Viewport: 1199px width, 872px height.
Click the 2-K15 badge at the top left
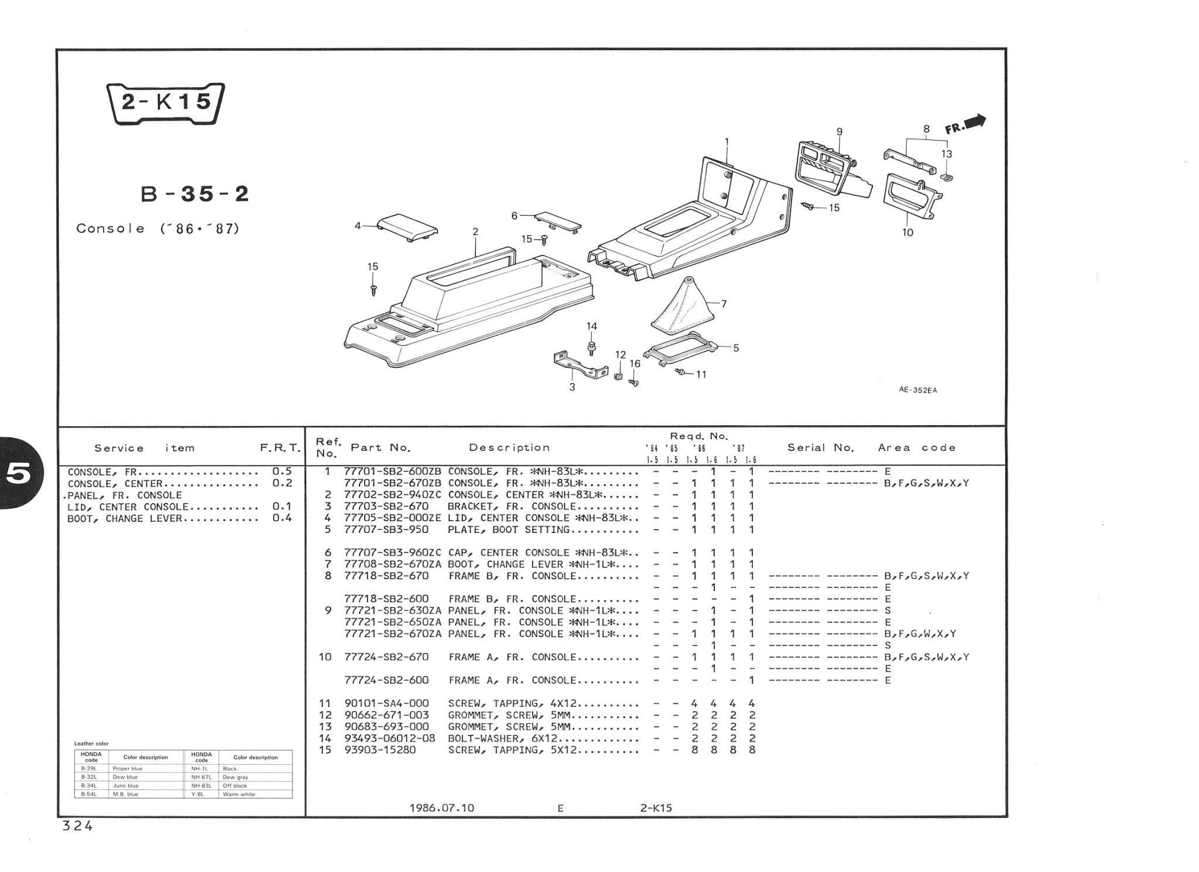click(165, 103)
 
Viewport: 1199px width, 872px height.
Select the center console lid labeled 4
click(407, 227)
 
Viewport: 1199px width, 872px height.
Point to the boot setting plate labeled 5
click(680, 349)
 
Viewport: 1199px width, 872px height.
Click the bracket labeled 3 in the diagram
click(580, 365)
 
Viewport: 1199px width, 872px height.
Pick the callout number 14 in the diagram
click(592, 326)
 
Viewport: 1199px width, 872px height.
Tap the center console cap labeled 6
click(557, 221)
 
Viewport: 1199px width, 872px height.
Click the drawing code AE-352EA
click(918, 391)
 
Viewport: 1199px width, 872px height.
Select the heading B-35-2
click(196, 194)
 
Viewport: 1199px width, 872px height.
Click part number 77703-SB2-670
click(386, 507)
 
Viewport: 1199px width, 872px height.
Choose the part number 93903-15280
click(380, 750)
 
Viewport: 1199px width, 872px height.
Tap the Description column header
click(509, 448)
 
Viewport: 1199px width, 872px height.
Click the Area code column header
click(917, 448)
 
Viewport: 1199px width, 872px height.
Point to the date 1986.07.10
click(442, 808)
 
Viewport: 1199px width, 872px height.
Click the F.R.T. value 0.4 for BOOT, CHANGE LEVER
click(282, 518)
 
